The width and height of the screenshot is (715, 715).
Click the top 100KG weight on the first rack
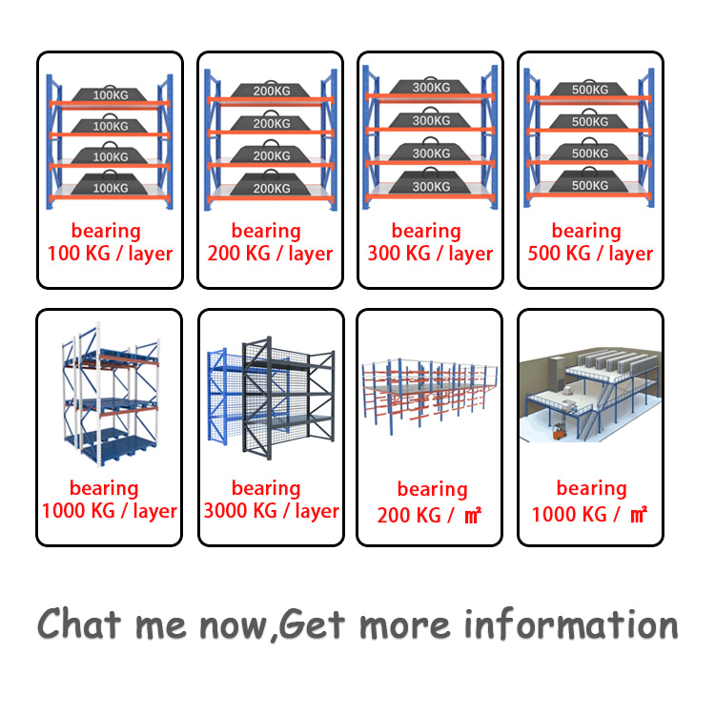pos(111,95)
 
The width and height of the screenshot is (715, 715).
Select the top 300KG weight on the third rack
pos(431,88)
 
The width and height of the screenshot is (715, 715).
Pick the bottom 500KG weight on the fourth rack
pos(589,184)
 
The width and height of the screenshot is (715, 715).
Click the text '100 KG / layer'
pos(111,254)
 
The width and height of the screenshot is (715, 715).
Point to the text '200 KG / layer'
pos(271,254)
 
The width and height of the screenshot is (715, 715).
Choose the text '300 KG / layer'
pos(431,254)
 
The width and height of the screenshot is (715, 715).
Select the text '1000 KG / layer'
pos(110,511)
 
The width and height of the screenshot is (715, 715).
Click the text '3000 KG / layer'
pos(271,511)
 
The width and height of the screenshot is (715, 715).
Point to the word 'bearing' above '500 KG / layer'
pos(586,231)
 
